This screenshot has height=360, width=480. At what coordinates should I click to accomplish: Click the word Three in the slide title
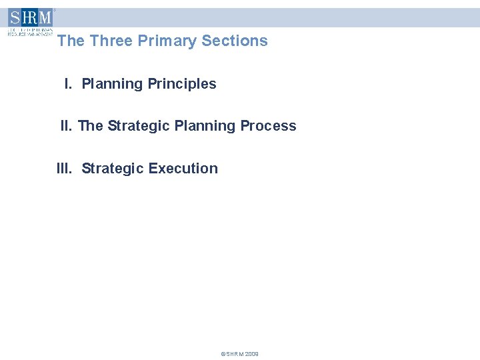point(111,41)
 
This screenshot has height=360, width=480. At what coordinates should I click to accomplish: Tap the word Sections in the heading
point(235,41)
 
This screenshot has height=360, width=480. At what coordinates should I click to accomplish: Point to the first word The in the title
point(71,41)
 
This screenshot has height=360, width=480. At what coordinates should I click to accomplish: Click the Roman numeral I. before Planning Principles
point(68,84)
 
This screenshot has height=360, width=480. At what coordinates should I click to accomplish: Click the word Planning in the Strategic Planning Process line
point(205,126)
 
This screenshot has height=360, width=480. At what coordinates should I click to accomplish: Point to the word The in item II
point(91,126)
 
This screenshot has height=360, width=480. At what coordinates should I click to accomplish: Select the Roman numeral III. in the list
point(65,169)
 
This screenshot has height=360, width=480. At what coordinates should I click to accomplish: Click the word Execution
point(183,169)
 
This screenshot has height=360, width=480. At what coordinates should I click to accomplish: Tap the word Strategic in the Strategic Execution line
point(113,169)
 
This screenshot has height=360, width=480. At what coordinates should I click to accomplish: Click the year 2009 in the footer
point(251,354)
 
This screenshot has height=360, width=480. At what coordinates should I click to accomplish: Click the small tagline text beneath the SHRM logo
point(30,31)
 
